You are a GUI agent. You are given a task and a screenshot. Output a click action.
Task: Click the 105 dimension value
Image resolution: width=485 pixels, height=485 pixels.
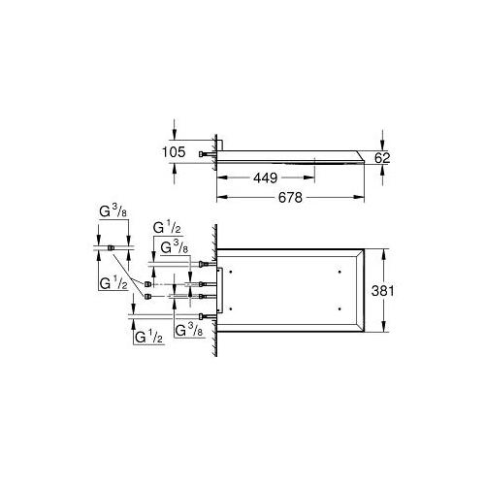174,152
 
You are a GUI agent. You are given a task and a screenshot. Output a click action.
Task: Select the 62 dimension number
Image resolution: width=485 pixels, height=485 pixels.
382,158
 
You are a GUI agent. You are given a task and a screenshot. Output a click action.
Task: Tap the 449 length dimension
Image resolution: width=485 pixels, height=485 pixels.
265,178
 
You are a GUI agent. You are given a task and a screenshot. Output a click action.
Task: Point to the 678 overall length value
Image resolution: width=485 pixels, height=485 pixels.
290,197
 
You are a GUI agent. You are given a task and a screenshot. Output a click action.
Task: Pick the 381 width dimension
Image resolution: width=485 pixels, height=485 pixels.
383,291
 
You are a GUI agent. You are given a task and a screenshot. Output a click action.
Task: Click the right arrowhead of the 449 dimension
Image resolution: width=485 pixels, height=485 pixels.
309,178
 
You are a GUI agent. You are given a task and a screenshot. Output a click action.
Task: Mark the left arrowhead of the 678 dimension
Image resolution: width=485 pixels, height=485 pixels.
222,197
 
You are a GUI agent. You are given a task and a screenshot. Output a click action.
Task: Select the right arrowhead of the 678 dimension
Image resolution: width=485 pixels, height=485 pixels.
359,197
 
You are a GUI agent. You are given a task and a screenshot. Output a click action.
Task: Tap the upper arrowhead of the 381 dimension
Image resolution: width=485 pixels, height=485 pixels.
384,254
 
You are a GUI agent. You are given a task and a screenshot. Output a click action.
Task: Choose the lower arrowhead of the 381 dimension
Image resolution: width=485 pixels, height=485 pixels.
384,327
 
